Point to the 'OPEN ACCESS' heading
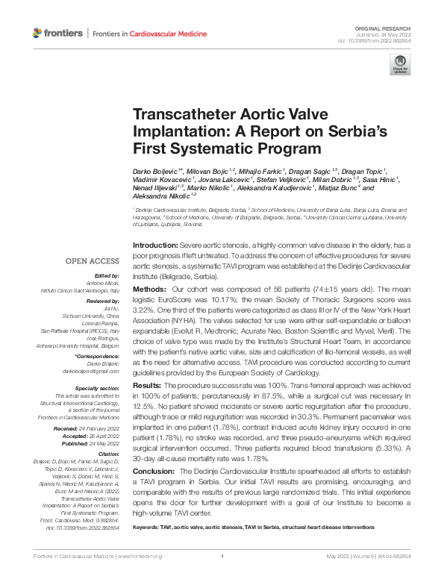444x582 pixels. tap(92, 261)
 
